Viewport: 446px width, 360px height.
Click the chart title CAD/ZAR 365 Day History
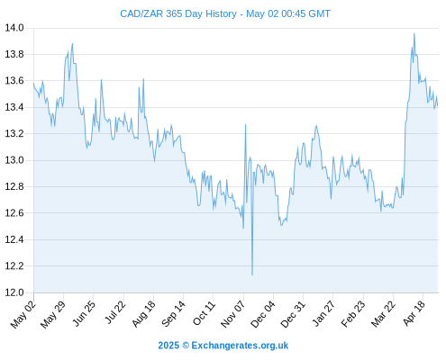point(178,13)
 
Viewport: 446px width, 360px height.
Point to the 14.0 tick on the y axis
point(14,28)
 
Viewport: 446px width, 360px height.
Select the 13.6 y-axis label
point(14,81)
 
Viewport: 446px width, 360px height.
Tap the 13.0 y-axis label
point(14,160)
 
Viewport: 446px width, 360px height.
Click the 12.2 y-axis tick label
point(14,266)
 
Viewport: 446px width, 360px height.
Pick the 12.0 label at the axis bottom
point(14,292)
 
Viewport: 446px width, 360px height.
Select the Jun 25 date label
point(84,313)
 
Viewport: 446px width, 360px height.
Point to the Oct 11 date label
point(204,313)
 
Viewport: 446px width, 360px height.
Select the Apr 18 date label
point(414,313)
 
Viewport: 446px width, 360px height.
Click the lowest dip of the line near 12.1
point(252,274)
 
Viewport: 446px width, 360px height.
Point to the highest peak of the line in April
point(414,33)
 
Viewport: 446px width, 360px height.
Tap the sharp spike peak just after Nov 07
point(245,124)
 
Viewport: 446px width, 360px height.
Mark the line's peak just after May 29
point(72,44)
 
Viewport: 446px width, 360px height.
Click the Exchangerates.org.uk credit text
point(240,346)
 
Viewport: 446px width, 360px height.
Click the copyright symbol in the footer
point(186,346)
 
